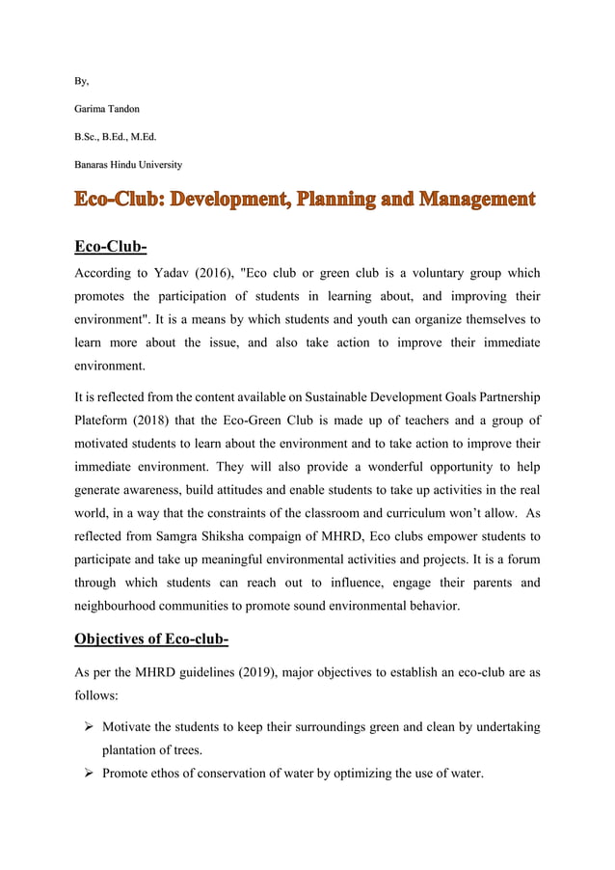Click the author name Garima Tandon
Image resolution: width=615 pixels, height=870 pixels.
[x=107, y=109]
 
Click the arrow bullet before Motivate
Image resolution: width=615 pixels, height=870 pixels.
[x=87, y=725]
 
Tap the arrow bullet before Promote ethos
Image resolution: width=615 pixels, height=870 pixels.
[x=87, y=773]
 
